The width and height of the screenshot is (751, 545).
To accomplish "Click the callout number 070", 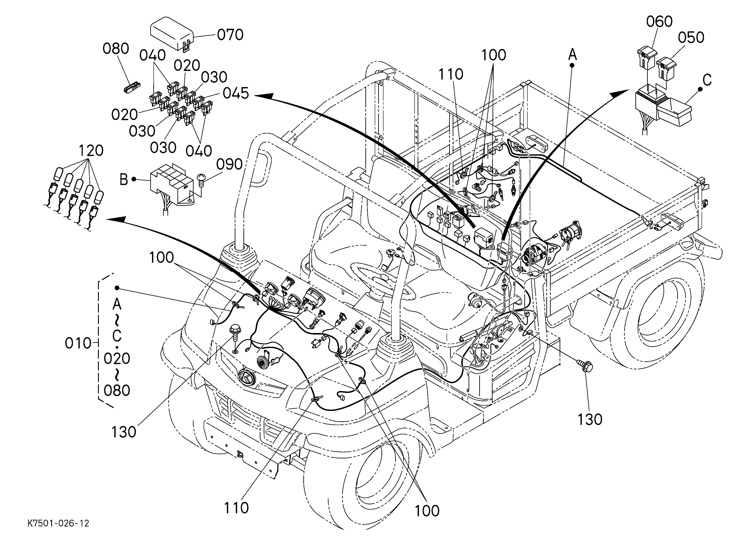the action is (x=230, y=35).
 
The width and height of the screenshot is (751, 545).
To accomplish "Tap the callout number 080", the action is (x=116, y=49).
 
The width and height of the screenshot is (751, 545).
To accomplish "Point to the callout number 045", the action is (x=236, y=94).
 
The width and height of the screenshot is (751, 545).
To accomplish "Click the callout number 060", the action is (x=659, y=22).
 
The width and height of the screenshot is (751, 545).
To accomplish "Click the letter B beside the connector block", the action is (x=123, y=180).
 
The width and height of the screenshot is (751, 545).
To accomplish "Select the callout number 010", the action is (x=78, y=343).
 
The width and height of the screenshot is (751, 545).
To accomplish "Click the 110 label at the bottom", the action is (x=236, y=508).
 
